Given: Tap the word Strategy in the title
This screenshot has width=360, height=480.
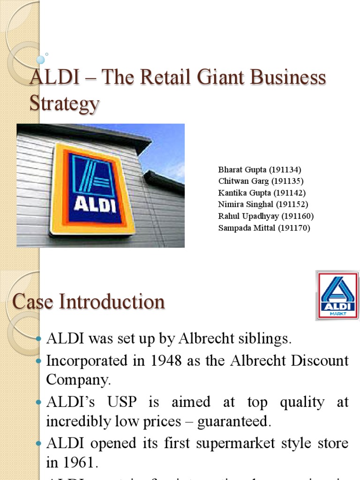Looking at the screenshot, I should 64,104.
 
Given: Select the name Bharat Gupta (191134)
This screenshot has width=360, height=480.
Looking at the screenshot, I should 259,170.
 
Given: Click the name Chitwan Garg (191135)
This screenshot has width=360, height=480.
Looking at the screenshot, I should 261,181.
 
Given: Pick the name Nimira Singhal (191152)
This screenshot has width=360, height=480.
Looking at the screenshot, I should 263,204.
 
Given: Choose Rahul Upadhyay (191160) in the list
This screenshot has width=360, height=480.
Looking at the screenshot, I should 266,216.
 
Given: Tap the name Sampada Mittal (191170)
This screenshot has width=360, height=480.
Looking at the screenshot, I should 264,228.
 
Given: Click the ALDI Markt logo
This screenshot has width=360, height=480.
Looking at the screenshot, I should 337,295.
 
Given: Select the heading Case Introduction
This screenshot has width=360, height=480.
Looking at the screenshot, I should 89,301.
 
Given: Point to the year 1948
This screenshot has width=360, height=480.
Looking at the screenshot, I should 144,361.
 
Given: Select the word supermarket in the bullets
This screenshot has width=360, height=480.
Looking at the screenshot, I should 222,443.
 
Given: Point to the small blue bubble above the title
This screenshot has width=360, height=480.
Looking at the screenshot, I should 41,60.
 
